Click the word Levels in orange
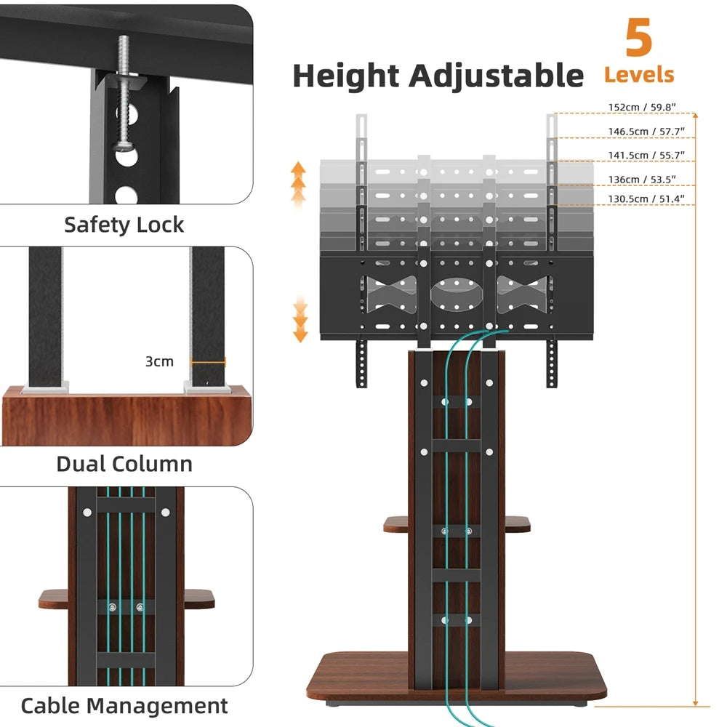638,74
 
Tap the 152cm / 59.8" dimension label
642,108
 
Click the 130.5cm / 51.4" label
642,198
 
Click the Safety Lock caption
124,225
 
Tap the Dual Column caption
124,464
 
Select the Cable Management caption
124,705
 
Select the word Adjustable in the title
496,76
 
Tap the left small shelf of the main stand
396,523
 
